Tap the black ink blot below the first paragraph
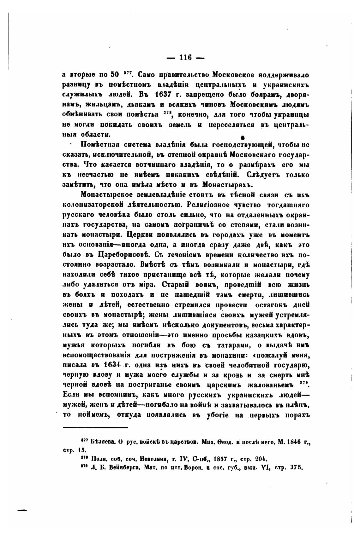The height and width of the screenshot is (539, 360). (x=243, y=137)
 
